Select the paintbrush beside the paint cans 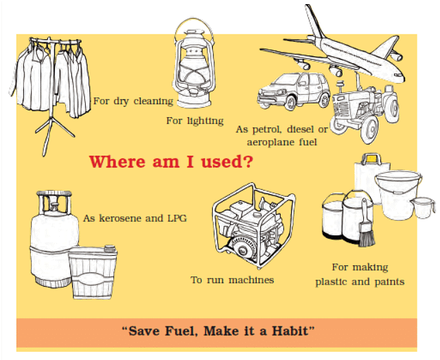(366, 224)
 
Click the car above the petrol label (294, 91)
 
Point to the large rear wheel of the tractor (369, 130)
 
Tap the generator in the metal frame (253, 225)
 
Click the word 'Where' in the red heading (117, 162)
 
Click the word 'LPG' (177, 218)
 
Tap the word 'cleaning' (153, 101)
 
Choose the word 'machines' (251, 280)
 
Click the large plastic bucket (397, 195)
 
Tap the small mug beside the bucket (423, 208)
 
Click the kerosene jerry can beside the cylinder (93, 272)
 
